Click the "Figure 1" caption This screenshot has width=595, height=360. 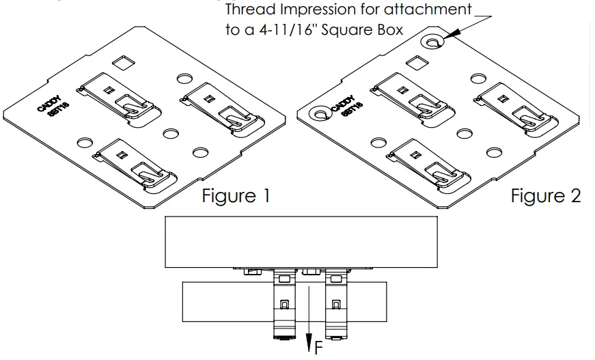(236, 196)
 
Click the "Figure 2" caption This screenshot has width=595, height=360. (546, 196)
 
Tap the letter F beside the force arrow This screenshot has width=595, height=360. (318, 348)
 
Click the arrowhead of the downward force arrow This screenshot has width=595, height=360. (309, 342)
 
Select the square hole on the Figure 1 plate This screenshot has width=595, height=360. (123, 64)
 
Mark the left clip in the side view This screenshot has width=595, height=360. (283, 305)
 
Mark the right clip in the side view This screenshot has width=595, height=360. (334, 305)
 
